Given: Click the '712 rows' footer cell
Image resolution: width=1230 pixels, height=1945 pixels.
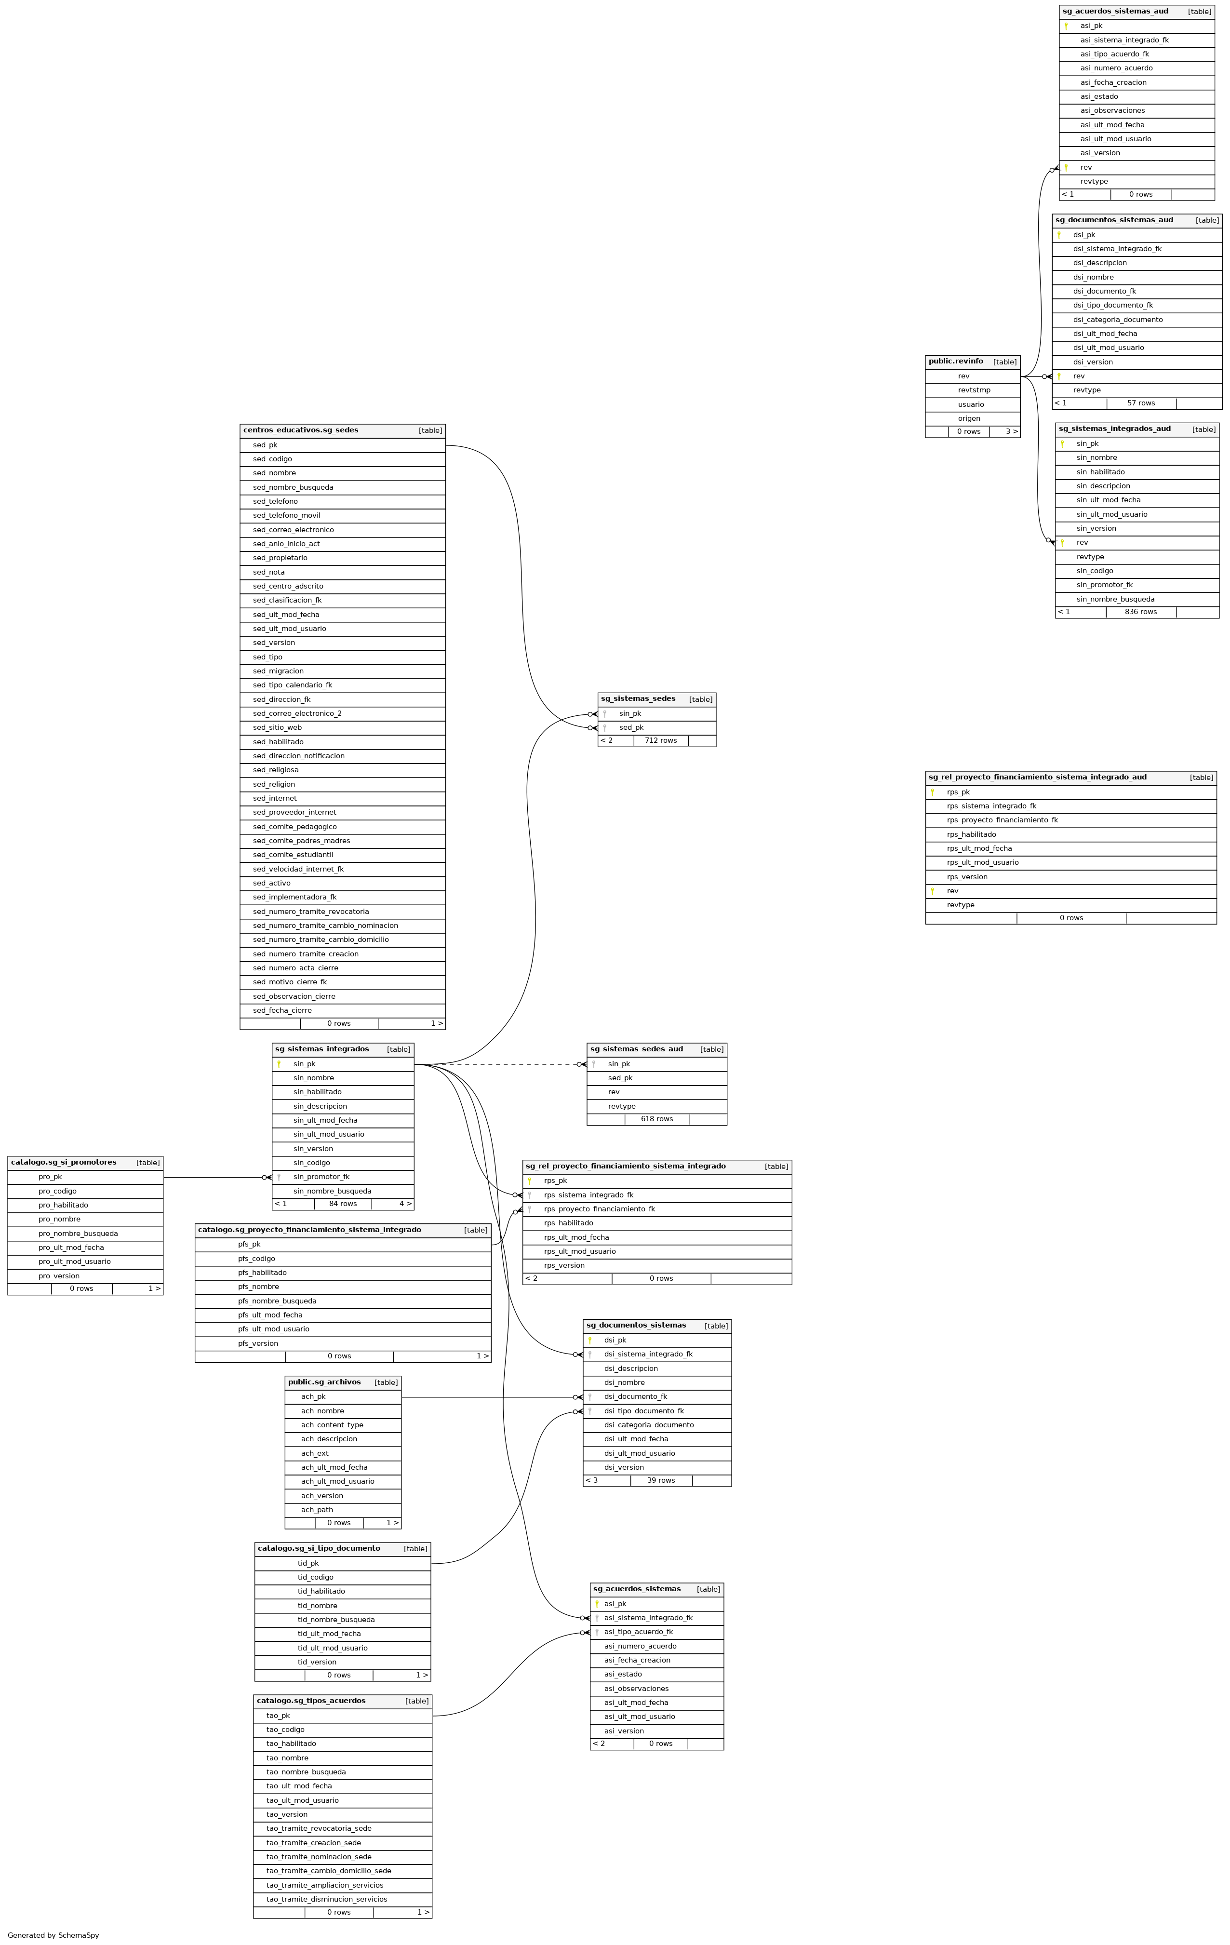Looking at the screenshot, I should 661,741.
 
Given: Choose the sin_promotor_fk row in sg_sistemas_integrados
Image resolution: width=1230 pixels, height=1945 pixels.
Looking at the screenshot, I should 321,1177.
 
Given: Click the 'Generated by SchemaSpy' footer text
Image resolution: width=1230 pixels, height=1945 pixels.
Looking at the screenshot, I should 53,1935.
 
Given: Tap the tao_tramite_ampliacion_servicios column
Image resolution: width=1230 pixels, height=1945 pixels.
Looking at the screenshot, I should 325,1885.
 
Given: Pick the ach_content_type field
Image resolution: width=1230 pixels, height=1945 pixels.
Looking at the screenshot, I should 332,1425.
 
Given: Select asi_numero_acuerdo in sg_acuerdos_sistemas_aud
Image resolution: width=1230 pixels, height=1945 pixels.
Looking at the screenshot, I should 1116,68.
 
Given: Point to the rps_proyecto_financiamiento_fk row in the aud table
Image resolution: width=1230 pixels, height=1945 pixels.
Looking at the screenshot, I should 1002,820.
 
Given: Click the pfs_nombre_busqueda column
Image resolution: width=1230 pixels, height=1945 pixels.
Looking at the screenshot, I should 277,1301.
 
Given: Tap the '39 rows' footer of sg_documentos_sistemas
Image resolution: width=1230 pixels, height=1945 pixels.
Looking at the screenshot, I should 661,1480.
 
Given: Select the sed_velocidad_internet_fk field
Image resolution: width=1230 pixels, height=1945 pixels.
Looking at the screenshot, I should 298,869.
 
